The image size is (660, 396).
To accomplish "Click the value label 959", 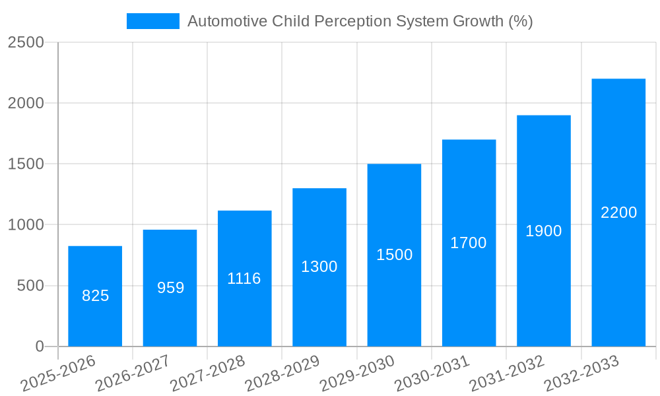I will [170, 288].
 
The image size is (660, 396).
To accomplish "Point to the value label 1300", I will [319, 267].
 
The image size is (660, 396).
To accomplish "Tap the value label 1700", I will [469, 243].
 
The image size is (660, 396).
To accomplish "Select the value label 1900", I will [544, 231].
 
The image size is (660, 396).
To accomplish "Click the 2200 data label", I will [618, 213].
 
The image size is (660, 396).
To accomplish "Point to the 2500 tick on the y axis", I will [26, 43].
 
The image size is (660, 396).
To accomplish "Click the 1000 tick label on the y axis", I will [26, 225].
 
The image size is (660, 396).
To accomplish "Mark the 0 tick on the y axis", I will [39, 346].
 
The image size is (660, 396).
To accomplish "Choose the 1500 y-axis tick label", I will [26, 164].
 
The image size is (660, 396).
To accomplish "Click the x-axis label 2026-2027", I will [133, 374].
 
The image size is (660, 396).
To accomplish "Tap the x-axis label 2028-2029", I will [282, 374].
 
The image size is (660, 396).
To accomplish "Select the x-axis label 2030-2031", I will [432, 374].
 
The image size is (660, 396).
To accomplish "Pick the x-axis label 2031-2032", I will [507, 374].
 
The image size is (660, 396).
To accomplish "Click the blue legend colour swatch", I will [152, 21].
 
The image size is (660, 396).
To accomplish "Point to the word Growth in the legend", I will [478, 21].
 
